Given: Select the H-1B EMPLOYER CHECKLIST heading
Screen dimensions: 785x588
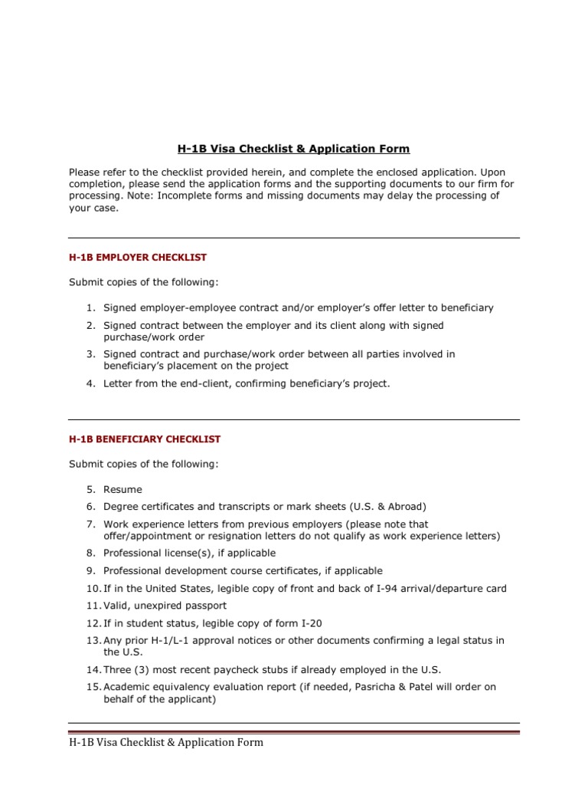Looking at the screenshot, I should [138, 258].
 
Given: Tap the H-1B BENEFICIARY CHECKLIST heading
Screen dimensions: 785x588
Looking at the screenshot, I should [145, 439].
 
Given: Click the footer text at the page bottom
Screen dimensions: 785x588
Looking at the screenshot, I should [166, 742].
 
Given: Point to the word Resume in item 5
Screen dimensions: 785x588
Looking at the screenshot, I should [122, 489].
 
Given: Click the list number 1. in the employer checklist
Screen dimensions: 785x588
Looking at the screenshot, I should [90, 307].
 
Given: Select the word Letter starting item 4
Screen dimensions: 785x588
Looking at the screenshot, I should [117, 383].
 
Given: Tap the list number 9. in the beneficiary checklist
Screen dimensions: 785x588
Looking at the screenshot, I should [90, 571].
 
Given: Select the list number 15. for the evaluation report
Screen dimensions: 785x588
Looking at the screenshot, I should [93, 687].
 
